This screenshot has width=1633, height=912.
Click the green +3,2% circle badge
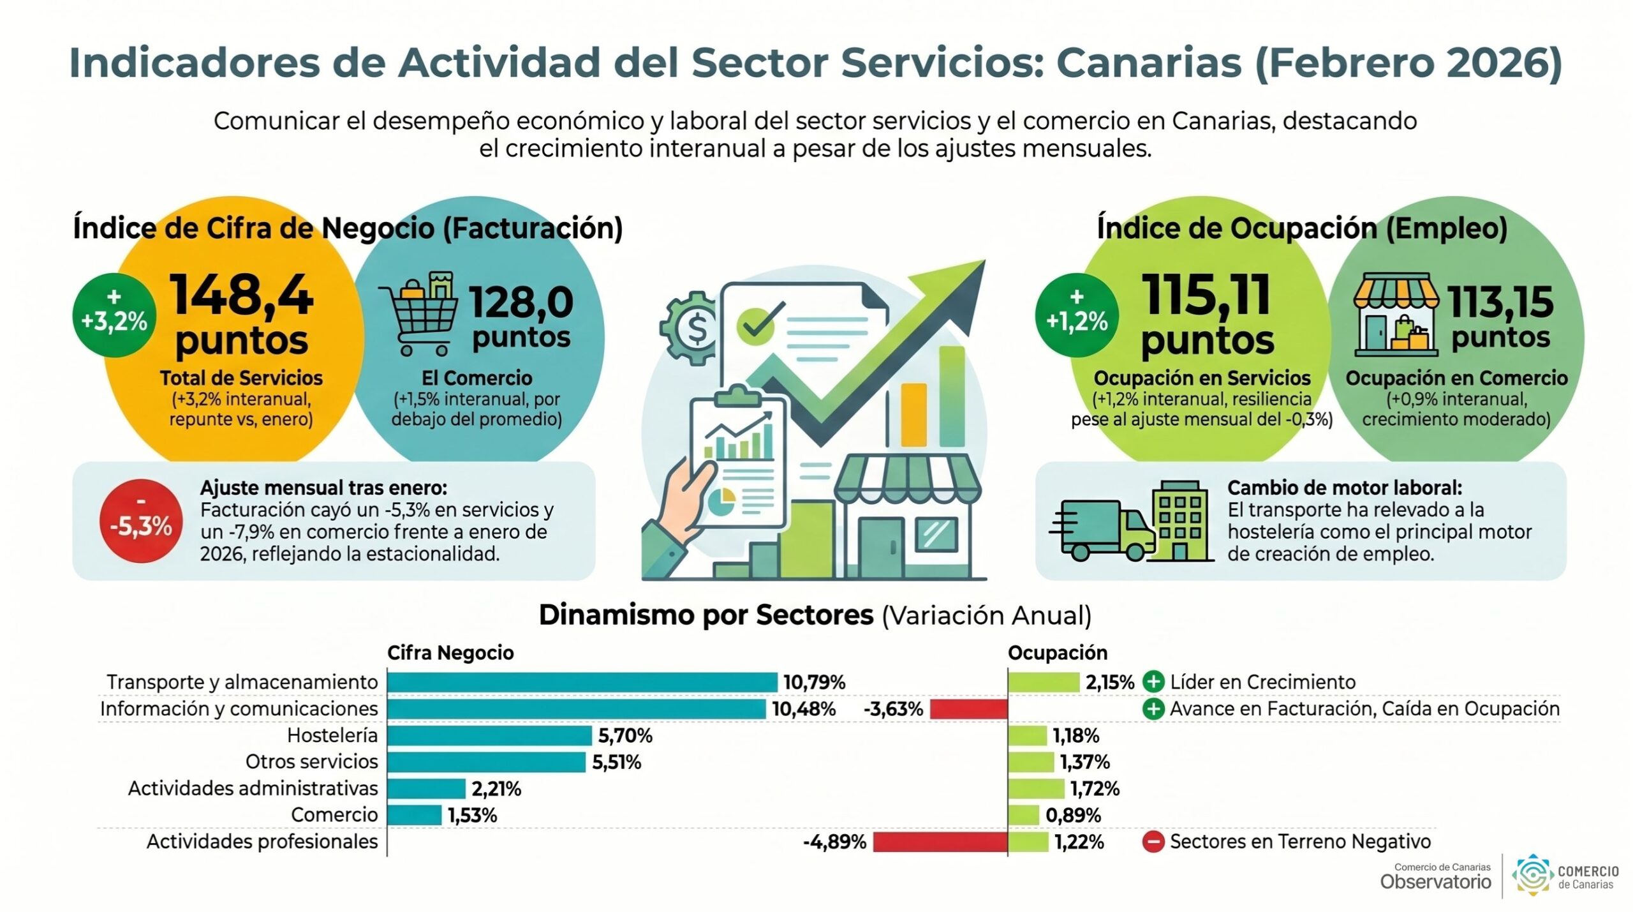[114, 315]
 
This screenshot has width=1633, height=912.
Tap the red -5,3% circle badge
[141, 521]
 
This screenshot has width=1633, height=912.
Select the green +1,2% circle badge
[1077, 315]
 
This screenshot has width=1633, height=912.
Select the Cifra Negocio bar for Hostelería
[489, 736]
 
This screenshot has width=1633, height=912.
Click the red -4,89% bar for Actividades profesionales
[940, 842]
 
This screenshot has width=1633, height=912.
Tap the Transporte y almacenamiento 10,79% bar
[582, 682]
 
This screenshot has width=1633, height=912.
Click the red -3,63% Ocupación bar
[968, 709]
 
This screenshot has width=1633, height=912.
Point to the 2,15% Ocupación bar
[1044, 682]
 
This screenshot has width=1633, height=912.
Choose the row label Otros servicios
[312, 762]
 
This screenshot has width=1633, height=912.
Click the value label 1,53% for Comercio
[472, 816]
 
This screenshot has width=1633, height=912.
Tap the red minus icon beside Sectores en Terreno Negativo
[1153, 842]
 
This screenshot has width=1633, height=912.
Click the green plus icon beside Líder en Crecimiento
[1153, 682]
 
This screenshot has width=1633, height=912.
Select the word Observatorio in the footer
[1435, 882]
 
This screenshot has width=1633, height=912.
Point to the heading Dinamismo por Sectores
[706, 615]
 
